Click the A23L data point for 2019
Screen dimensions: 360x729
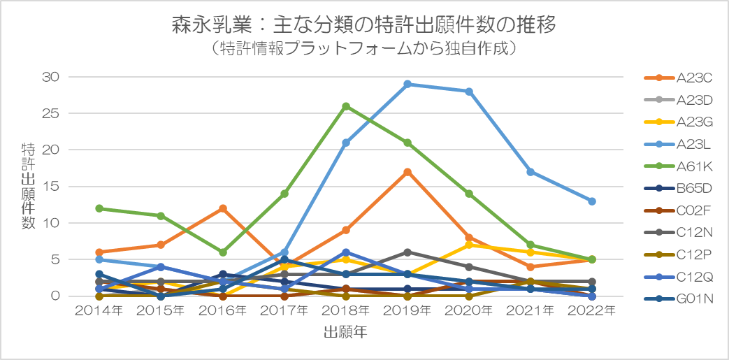click(407, 84)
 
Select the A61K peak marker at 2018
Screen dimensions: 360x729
click(346, 106)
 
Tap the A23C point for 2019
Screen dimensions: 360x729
click(407, 172)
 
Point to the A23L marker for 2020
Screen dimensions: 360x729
click(469, 92)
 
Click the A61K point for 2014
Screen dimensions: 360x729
click(99, 208)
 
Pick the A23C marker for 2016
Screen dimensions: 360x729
click(222, 208)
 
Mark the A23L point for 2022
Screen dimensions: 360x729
click(592, 201)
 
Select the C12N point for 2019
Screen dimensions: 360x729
click(407, 252)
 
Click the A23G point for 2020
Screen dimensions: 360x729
click(469, 245)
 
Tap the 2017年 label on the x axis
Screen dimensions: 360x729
click(284, 311)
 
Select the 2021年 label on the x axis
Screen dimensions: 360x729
click(530, 311)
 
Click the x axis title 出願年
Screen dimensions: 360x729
click(345, 333)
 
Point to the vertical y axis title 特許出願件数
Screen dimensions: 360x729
click(29, 186)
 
